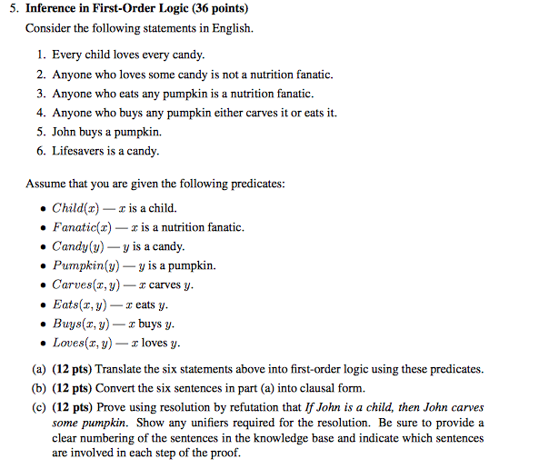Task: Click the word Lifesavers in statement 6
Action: pos(80,151)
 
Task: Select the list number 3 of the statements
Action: pos(41,94)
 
